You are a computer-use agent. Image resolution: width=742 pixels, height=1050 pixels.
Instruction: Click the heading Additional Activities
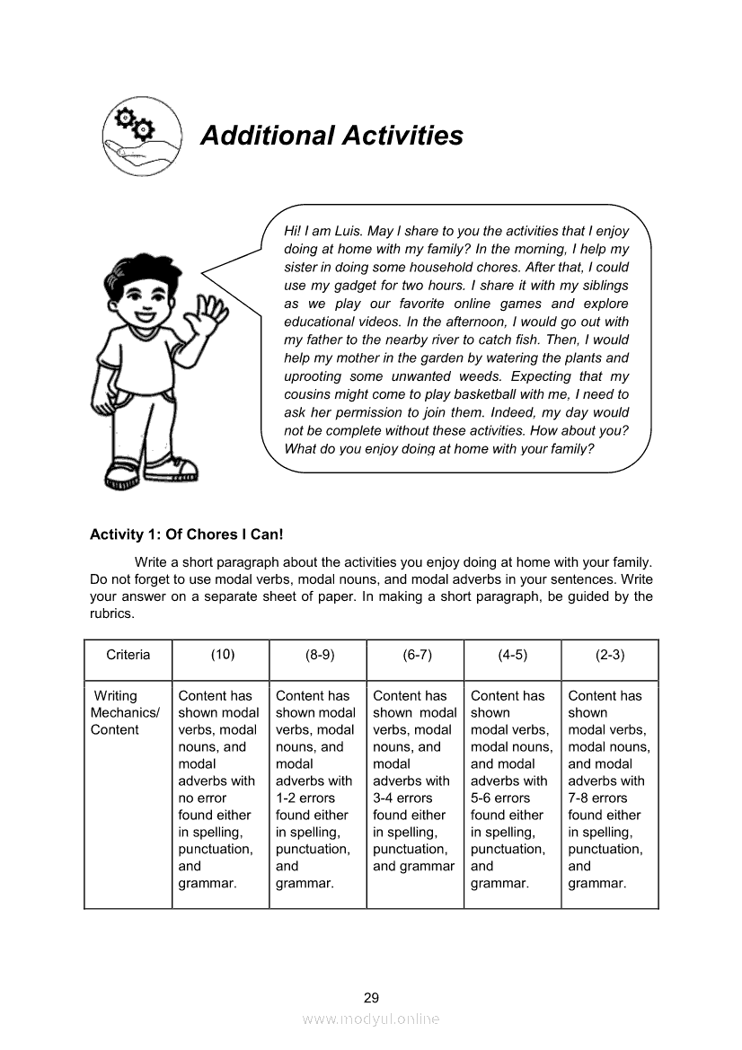(x=331, y=136)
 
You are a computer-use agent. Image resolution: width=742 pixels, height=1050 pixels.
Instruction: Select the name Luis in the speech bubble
(x=348, y=231)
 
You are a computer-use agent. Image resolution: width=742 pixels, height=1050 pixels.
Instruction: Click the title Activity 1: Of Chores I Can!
(x=186, y=534)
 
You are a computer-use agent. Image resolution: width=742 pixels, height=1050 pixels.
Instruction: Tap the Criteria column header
(x=128, y=655)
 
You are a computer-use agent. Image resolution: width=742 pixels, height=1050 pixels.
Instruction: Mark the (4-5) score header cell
(x=513, y=655)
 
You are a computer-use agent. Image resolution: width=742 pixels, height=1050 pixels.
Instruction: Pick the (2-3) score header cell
(x=610, y=655)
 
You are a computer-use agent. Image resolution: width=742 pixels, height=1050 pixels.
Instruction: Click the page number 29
(x=371, y=997)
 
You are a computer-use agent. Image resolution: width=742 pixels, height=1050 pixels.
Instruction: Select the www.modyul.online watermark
(x=371, y=1019)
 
